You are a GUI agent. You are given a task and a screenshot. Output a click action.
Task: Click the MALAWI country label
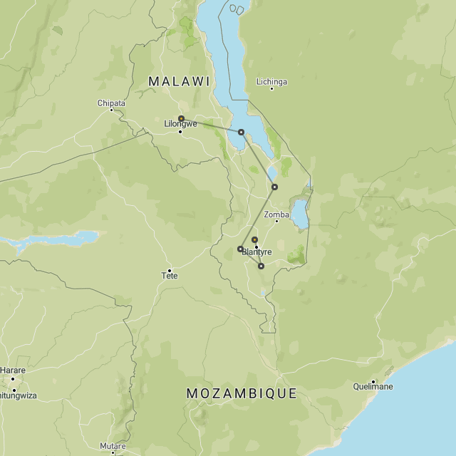click(x=179, y=81)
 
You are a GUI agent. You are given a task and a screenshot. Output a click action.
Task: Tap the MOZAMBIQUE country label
click(x=242, y=393)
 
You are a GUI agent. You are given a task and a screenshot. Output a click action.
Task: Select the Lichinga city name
click(x=271, y=82)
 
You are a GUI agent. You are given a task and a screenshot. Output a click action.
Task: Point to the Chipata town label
click(x=111, y=103)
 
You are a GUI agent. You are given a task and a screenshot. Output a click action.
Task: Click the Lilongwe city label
click(x=180, y=124)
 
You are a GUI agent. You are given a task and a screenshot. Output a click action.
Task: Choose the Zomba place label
click(x=276, y=214)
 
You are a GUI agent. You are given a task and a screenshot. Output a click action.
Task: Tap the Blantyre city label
click(x=256, y=252)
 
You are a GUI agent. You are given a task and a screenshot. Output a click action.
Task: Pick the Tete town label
click(x=170, y=276)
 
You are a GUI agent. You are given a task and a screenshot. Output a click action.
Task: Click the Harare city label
click(x=12, y=370)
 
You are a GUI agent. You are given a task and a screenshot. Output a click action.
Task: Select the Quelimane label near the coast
click(x=373, y=387)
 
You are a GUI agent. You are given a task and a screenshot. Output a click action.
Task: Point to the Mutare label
click(x=113, y=446)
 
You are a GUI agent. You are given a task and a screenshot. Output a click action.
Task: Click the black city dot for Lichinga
click(x=271, y=88)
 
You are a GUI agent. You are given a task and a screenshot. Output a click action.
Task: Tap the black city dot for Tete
click(x=170, y=269)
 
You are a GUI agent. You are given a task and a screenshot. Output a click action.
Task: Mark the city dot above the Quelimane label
click(x=373, y=381)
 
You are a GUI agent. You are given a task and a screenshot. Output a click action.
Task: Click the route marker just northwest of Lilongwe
click(x=181, y=118)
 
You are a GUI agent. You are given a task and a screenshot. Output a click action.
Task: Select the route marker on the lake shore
click(x=241, y=132)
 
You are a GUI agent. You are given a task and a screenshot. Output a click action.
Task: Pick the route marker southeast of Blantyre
click(x=261, y=266)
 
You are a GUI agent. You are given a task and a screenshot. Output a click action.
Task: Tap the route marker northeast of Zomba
click(x=274, y=187)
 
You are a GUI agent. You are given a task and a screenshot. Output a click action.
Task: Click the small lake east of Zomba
click(x=301, y=213)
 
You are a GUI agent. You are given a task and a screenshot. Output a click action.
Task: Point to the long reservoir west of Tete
click(x=50, y=241)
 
